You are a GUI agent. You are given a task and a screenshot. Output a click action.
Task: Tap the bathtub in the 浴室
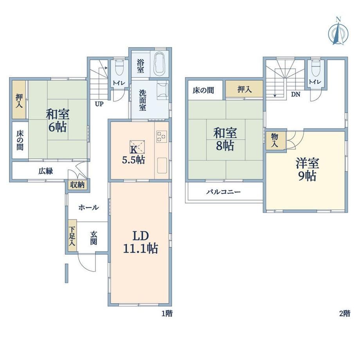pos(159,64)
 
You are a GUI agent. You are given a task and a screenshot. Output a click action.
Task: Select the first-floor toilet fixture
pos(119,68)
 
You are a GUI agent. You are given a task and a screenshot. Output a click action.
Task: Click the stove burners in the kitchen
pos(161,137)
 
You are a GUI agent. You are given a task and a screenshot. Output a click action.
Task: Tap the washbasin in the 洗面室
pos(162,91)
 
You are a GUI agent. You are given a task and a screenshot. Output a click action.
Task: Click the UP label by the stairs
pos(99,104)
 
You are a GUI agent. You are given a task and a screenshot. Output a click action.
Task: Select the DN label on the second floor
pos(296,94)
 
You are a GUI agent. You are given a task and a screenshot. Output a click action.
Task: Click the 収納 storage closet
pos(77,185)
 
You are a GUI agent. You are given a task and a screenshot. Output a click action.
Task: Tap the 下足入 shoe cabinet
pos(72,235)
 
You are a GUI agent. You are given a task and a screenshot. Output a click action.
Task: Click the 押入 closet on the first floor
pos(19,100)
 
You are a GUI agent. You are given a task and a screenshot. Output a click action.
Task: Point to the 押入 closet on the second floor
pos(244,89)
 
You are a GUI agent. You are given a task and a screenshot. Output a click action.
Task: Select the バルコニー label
pos(223,192)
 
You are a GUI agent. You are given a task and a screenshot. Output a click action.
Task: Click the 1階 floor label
pos(167,313)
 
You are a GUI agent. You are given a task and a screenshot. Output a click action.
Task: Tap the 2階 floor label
pos(345,313)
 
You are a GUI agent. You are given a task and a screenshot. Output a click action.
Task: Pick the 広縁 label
pos(46,171)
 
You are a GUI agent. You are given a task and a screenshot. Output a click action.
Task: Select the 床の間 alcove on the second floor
pos(203,90)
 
